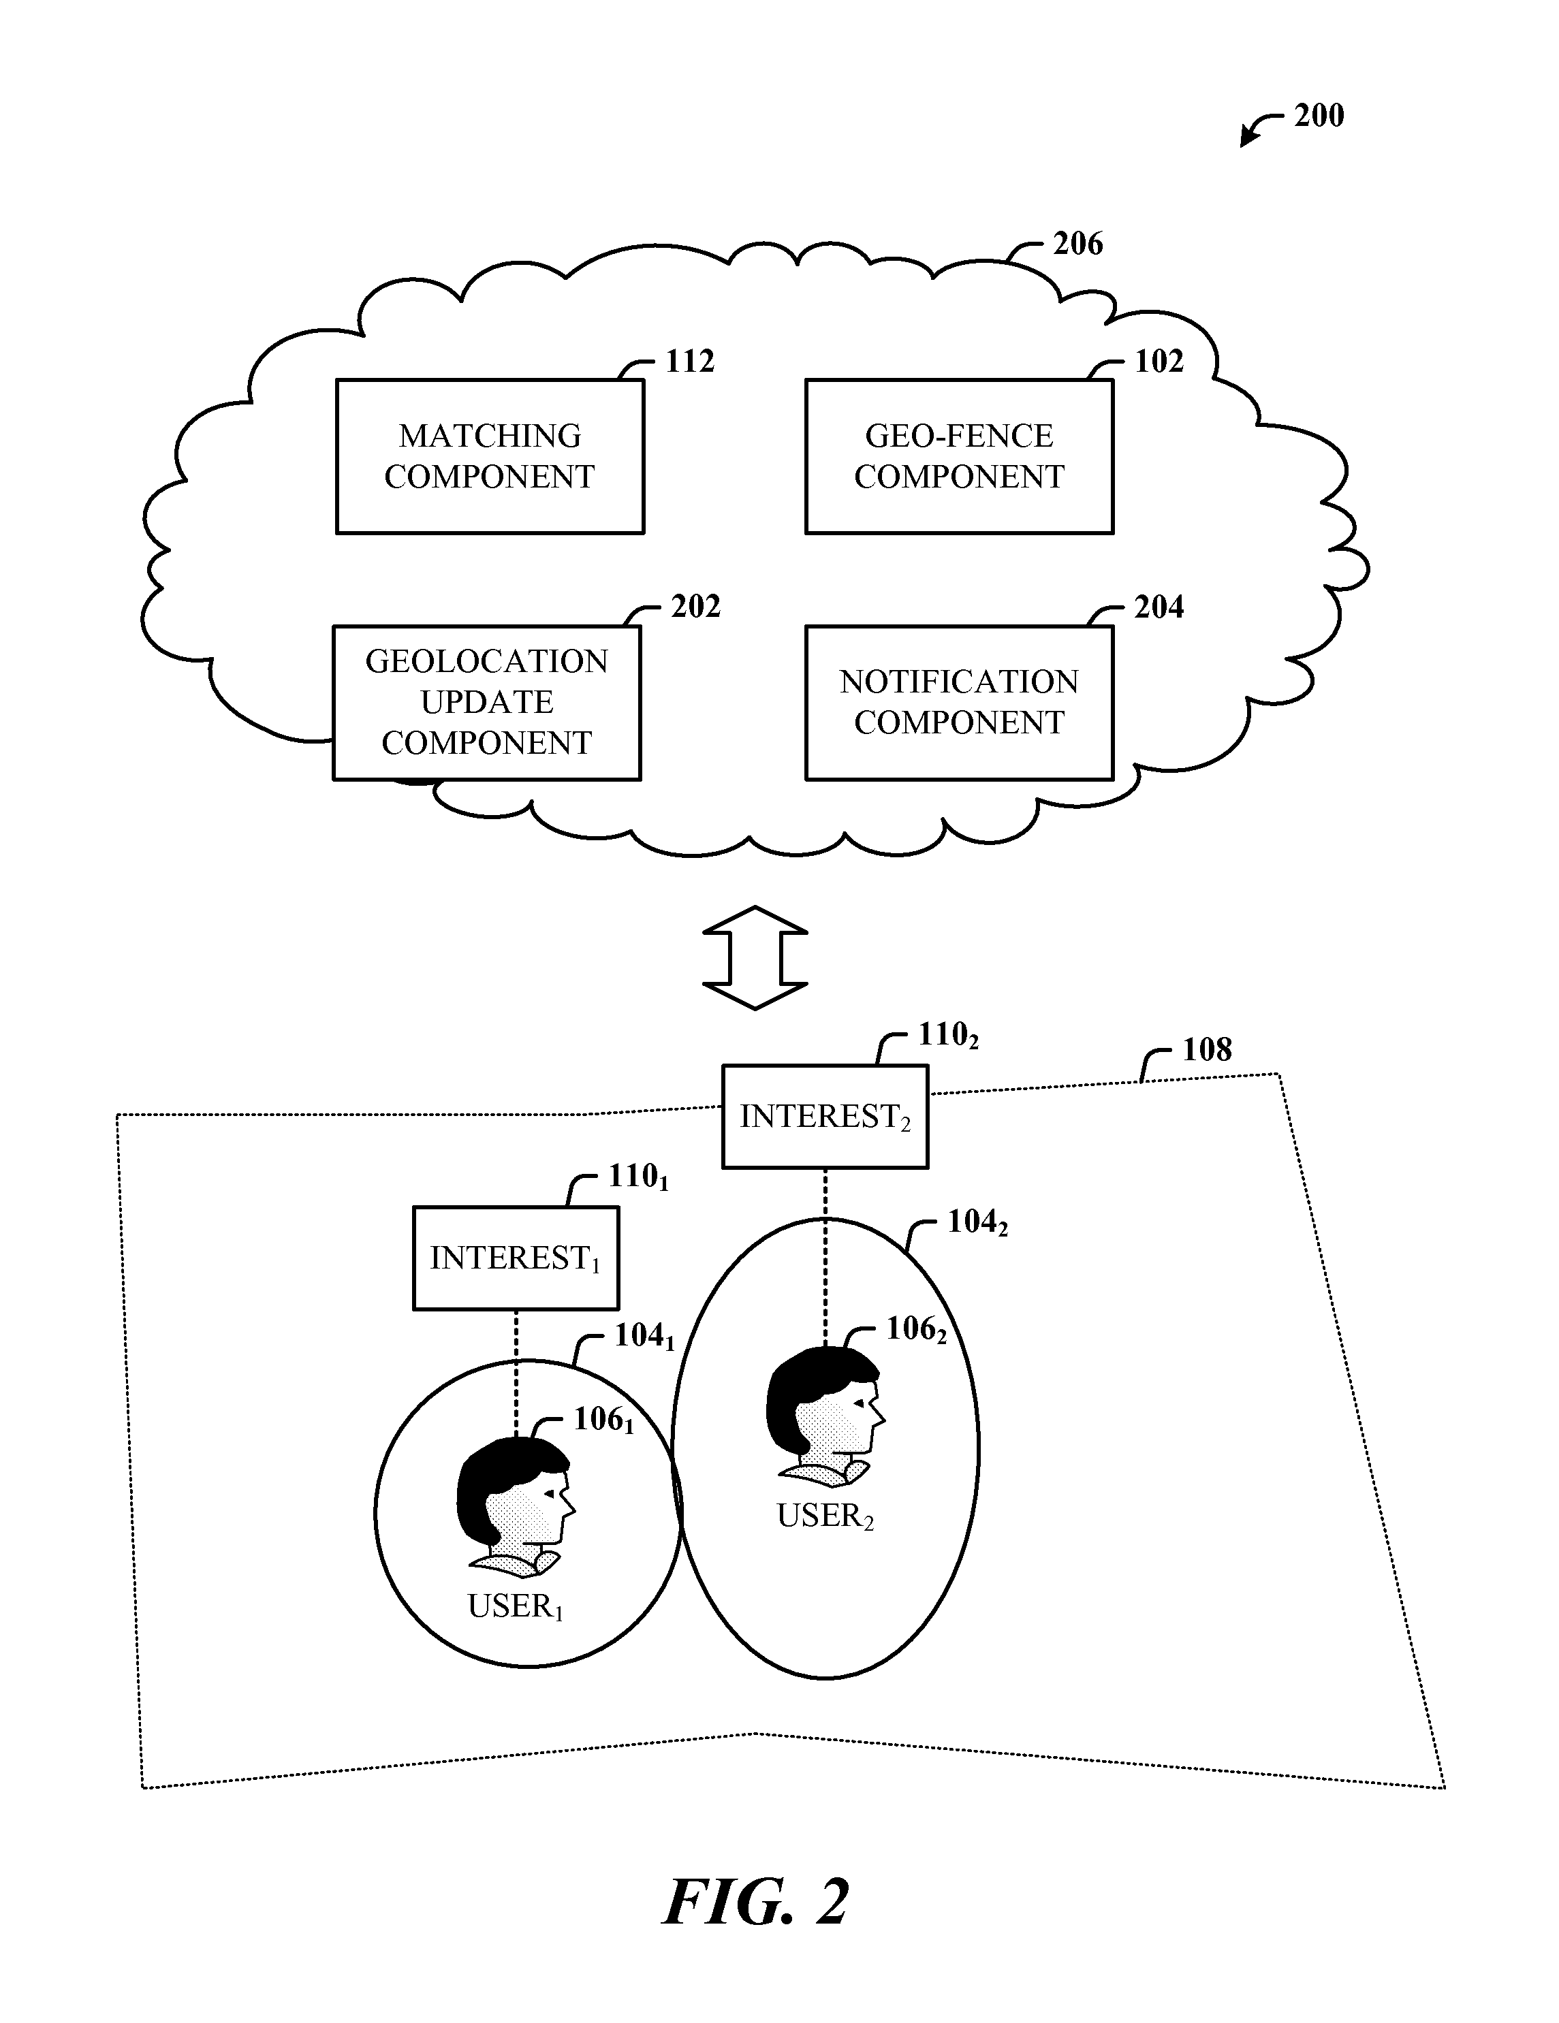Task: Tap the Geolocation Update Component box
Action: click(486, 702)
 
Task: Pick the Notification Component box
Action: click(959, 702)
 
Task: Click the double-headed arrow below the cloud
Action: click(755, 957)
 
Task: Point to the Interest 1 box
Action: click(515, 1257)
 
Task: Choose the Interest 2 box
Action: click(824, 1116)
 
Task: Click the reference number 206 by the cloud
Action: click(1077, 244)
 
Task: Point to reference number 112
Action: click(690, 362)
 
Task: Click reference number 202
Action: click(695, 607)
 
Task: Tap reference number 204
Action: click(1159, 607)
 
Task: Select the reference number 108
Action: click(1207, 1049)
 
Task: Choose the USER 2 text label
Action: click(824, 1516)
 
